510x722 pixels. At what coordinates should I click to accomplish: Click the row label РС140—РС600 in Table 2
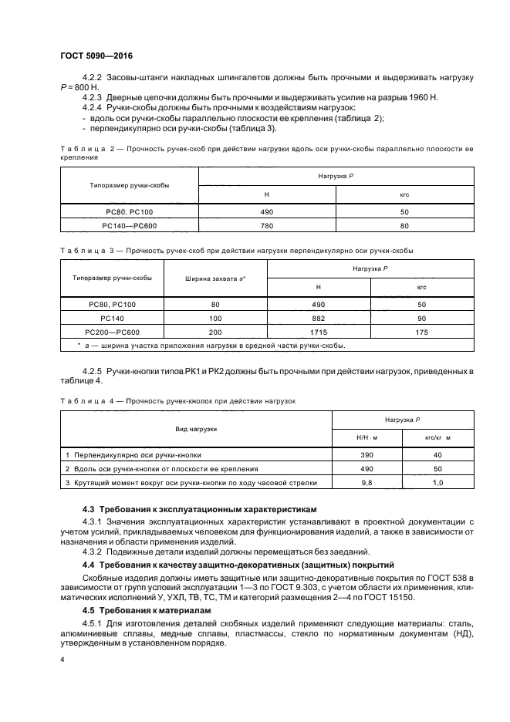(130, 226)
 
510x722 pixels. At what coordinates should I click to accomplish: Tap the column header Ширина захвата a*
(215, 278)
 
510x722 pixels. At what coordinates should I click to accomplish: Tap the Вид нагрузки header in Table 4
(196, 429)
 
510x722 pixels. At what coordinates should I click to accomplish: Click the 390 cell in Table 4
(366, 454)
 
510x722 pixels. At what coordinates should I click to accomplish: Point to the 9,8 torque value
(366, 482)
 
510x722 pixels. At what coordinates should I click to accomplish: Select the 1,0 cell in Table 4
(437, 482)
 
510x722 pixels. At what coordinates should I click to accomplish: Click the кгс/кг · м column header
(437, 438)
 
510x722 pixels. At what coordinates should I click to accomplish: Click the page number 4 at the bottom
(62, 660)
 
